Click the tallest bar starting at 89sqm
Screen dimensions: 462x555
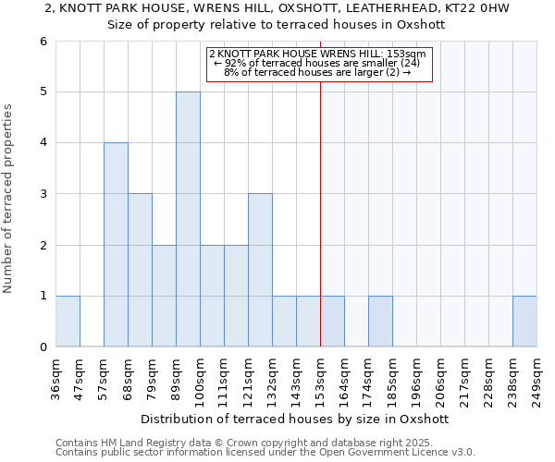coord(188,219)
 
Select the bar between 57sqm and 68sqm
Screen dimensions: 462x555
coord(116,245)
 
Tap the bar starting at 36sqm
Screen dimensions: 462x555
coord(68,322)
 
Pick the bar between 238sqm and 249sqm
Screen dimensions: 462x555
coord(524,322)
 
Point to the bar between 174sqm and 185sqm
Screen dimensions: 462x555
coord(380,322)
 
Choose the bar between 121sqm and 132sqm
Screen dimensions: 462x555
coord(260,270)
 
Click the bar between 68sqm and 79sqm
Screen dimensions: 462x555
coord(140,270)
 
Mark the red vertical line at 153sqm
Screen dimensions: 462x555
coord(320,203)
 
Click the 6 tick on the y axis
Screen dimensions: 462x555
coord(43,42)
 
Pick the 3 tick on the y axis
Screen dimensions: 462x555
coord(43,194)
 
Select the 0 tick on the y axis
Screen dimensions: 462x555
coord(43,347)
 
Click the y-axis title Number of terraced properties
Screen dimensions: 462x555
coord(9,198)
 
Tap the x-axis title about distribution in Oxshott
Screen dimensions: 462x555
coord(295,419)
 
